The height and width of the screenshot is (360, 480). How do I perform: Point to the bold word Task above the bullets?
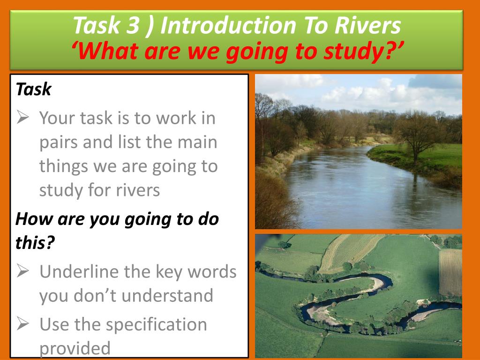point(33,89)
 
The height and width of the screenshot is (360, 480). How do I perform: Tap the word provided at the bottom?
point(75,349)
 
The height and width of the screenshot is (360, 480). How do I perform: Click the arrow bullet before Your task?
point(23,118)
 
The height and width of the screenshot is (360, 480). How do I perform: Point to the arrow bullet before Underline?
point(23,271)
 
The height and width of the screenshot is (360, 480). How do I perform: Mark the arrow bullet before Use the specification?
point(23,324)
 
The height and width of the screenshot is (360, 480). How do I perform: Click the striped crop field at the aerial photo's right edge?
point(450,272)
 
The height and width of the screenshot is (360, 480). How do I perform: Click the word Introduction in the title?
point(228,26)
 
